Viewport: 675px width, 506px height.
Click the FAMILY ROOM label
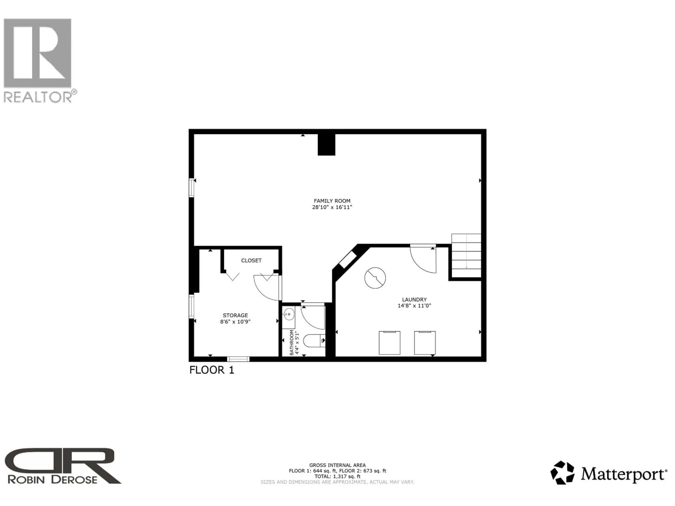332,201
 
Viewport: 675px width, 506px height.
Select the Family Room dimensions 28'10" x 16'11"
332,207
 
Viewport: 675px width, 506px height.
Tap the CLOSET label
251,261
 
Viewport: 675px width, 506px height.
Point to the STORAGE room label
235,315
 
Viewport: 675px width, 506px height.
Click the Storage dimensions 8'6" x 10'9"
235,322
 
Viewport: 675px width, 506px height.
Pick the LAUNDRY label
414,300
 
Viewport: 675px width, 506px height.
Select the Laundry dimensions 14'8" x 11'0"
414,306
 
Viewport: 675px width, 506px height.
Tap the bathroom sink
289,314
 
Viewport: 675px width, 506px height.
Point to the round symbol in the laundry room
375,278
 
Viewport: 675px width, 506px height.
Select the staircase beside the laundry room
466,256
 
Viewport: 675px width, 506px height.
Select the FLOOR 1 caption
212,370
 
